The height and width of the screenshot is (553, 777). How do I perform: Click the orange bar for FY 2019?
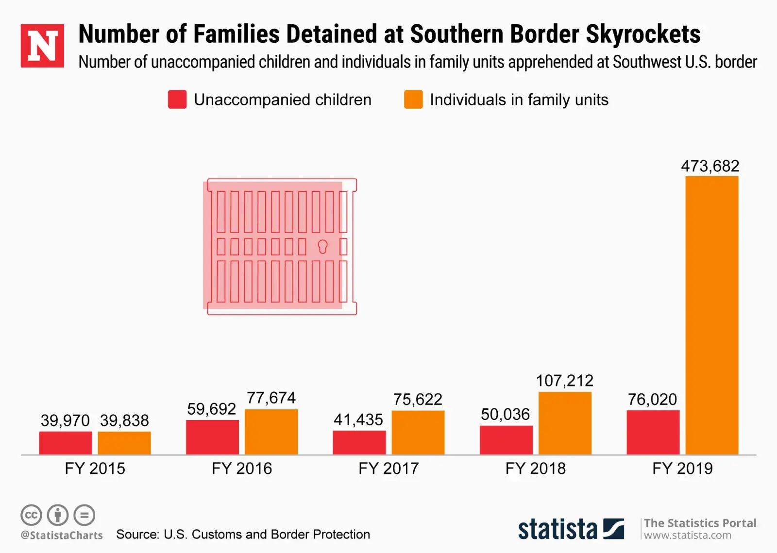(x=711, y=316)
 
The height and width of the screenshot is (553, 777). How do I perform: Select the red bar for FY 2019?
(x=653, y=433)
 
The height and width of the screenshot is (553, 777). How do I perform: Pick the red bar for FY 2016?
(x=212, y=437)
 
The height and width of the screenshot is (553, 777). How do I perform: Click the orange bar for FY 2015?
(x=124, y=443)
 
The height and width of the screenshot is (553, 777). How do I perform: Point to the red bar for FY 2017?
(x=359, y=443)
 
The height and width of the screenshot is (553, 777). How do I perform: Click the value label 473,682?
(x=709, y=166)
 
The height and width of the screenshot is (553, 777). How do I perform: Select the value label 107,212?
(x=564, y=381)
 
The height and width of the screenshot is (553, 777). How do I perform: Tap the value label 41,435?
(x=358, y=419)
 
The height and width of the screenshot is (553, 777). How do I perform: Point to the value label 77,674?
(x=271, y=398)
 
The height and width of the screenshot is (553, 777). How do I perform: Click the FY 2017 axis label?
(x=388, y=469)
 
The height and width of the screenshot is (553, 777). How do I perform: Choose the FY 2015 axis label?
(x=95, y=469)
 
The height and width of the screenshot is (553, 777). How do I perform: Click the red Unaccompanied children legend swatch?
(x=177, y=100)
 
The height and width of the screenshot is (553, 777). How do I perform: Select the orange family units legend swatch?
(x=413, y=100)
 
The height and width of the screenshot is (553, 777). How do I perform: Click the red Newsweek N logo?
(x=42, y=46)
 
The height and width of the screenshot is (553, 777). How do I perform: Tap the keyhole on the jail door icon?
(x=322, y=247)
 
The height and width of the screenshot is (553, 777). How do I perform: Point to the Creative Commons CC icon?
(x=31, y=515)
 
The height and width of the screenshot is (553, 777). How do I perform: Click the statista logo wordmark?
(x=557, y=529)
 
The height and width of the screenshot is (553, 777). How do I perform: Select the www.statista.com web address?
(x=687, y=536)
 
